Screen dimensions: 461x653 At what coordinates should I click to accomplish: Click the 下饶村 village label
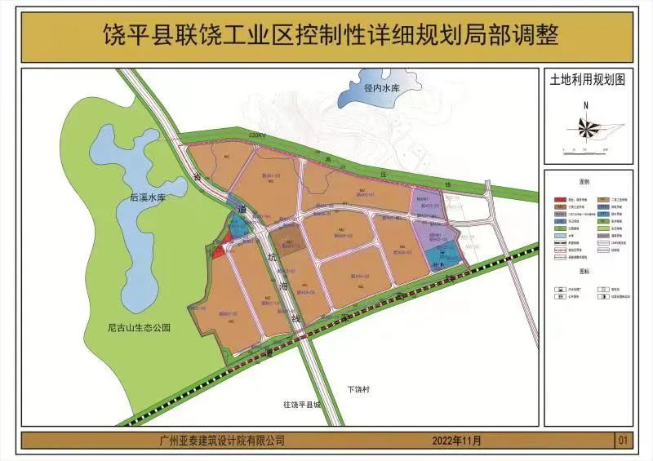coord(358,389)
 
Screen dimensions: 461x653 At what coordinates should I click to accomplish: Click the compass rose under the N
coord(586,126)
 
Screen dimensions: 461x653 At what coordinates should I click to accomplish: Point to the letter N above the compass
coord(586,105)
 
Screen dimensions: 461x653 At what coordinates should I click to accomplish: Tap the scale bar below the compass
coord(586,148)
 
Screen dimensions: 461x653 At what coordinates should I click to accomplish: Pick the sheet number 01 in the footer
coord(624,441)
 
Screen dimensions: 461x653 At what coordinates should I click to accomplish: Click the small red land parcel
coord(219,250)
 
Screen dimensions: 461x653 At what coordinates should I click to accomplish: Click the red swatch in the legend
coord(560,198)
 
